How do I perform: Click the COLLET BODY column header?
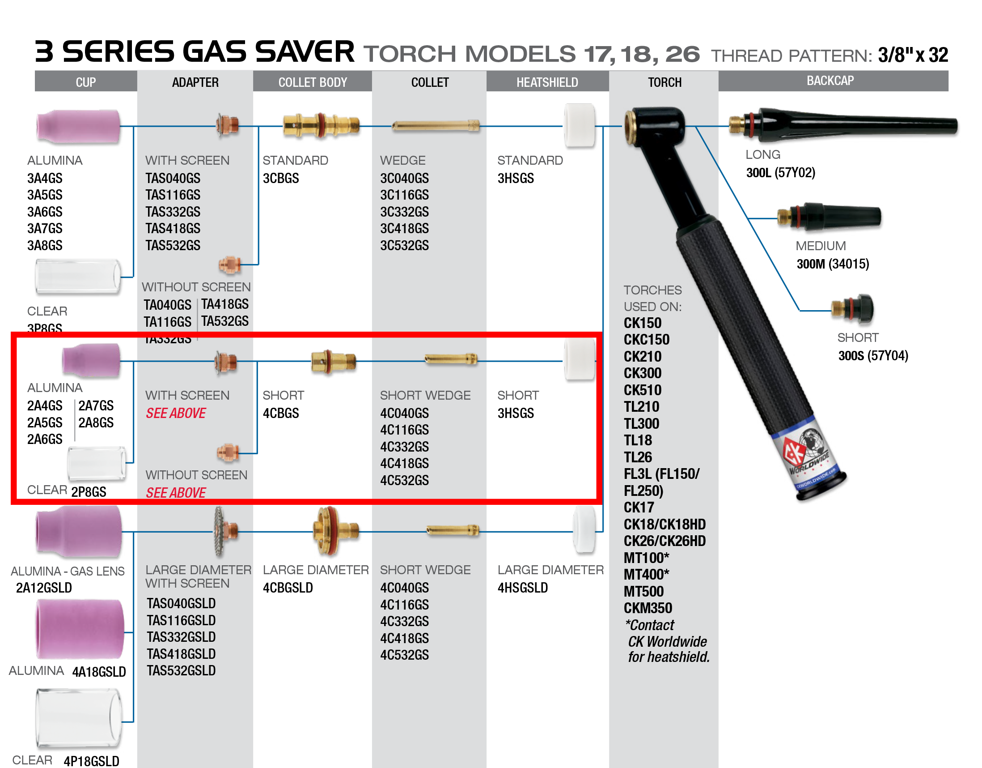point(313,82)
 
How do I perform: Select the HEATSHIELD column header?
point(547,82)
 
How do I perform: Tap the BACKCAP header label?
point(830,81)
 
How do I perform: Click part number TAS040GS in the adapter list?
point(173,179)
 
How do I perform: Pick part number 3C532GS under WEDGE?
point(404,246)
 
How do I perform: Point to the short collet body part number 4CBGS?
point(280,414)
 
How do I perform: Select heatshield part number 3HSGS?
point(516,414)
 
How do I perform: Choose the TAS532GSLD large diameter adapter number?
point(181,671)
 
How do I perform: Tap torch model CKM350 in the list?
point(648,608)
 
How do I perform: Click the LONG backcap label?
point(762,155)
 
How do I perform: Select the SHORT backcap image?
point(852,309)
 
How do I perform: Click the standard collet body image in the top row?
point(321,124)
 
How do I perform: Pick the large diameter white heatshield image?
point(584,529)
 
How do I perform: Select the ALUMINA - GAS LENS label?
point(68,572)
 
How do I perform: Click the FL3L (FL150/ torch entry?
point(661,474)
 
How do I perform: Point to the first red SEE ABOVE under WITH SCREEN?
point(176,414)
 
